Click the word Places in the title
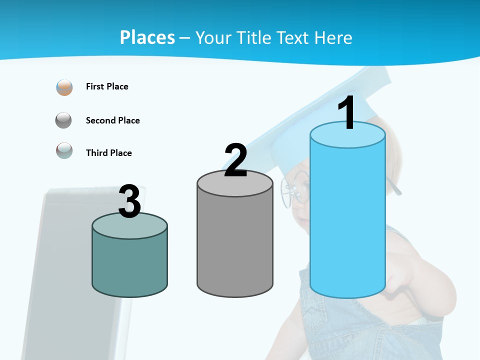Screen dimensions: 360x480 [147, 37]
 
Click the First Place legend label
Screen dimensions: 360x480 [107, 86]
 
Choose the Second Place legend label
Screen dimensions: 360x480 [112, 120]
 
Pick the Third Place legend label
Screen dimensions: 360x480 [108, 153]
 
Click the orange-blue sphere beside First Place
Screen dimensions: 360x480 [64, 87]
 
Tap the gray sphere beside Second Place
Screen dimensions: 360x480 [63, 120]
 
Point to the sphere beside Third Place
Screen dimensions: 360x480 [64, 150]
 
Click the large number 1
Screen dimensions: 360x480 [347, 113]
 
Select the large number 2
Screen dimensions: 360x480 [235, 160]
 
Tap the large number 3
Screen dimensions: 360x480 [129, 202]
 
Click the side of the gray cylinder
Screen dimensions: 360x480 [235, 245]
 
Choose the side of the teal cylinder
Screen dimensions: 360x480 [129, 265]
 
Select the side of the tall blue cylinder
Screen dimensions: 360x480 [347, 220]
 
